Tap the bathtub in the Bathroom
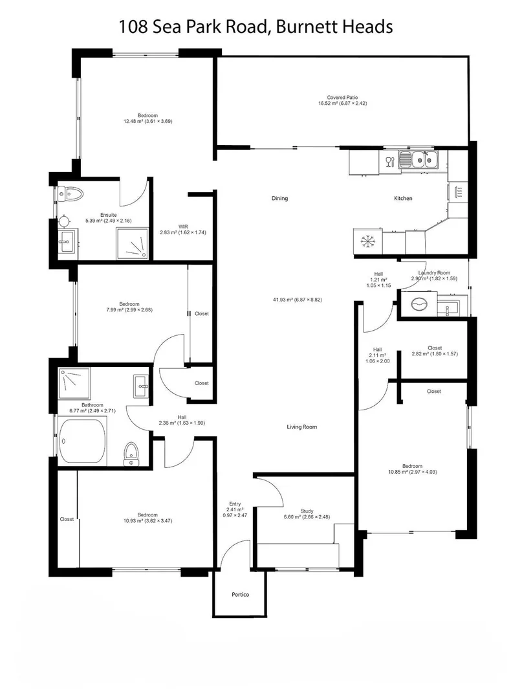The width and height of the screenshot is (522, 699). point(82,440)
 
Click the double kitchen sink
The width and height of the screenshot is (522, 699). point(419,159)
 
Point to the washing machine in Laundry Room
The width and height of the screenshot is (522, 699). point(417,303)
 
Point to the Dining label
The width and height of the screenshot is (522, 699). point(279,199)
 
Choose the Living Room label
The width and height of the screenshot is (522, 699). point(301,427)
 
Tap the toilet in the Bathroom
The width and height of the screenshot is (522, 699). point(132,453)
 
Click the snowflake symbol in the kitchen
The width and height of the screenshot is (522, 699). point(368,242)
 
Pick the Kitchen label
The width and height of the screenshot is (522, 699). point(402,199)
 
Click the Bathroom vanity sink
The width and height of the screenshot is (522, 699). point(140,387)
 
